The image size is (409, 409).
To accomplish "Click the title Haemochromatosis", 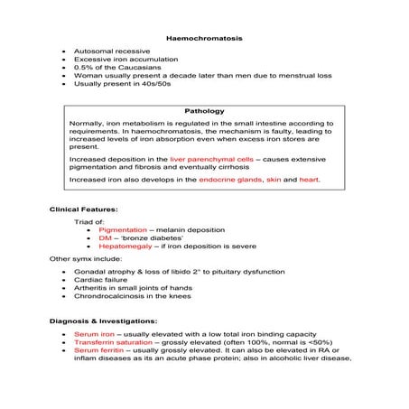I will (204, 37).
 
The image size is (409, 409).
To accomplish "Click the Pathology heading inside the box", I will (204, 111).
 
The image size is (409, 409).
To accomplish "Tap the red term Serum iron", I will (93, 334).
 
